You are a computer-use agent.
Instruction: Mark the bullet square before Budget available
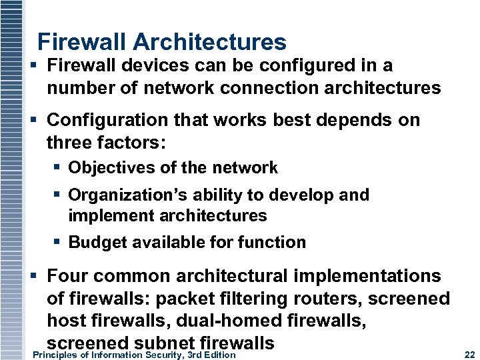(x=58, y=242)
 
